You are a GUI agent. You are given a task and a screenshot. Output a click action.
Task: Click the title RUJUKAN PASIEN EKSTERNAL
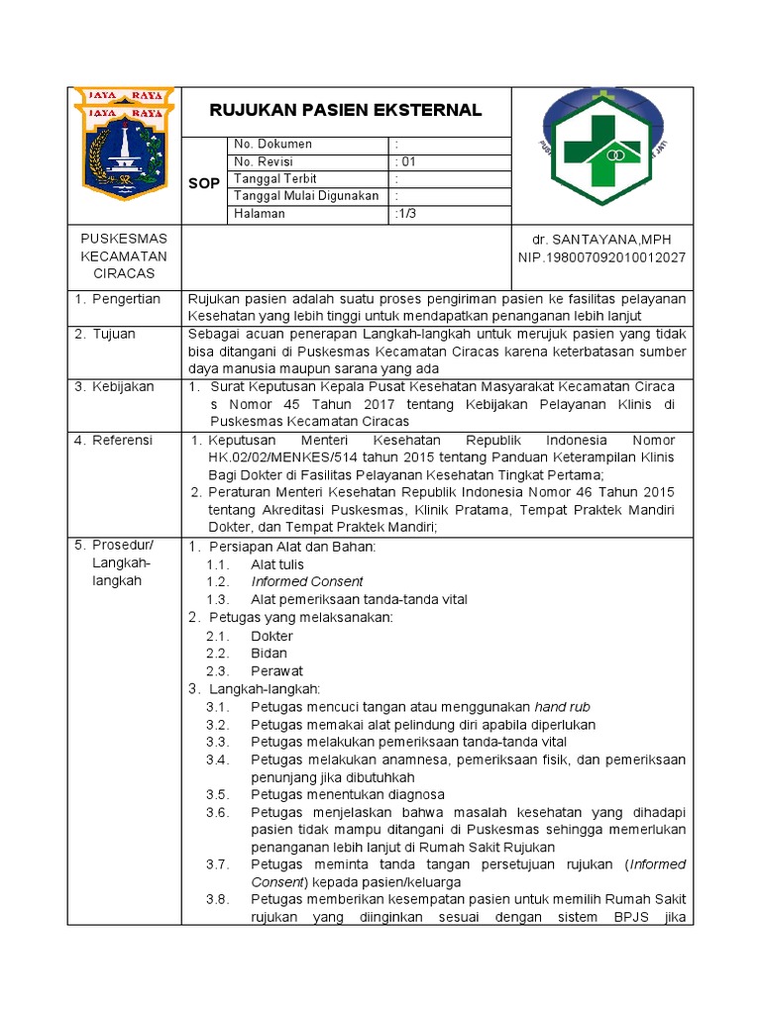click(x=346, y=110)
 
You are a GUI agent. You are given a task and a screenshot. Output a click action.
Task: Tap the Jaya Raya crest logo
click(x=125, y=143)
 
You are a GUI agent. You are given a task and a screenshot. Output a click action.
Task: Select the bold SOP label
click(x=204, y=184)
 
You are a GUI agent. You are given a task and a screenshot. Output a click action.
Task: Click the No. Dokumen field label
click(x=272, y=145)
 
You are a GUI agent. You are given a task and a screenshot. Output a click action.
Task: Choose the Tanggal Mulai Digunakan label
click(x=306, y=196)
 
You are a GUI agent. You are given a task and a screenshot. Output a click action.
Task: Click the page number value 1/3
click(x=406, y=214)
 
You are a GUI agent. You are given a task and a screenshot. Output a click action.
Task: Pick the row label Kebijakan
click(x=123, y=386)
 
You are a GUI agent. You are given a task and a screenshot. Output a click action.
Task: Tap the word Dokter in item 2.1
click(x=272, y=637)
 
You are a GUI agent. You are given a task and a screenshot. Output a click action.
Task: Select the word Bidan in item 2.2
click(x=269, y=654)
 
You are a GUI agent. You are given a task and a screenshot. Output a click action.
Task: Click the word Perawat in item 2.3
click(x=274, y=671)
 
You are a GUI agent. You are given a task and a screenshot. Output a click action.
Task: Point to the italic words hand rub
click(x=562, y=707)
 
